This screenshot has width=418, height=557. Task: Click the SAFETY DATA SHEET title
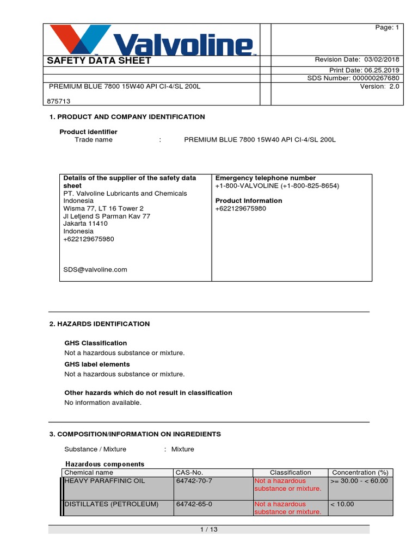click(99, 60)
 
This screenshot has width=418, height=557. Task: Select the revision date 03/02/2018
click(382, 60)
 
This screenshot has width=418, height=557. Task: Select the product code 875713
click(60, 101)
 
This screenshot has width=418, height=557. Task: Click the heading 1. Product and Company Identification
click(127, 117)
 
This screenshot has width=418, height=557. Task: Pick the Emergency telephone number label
click(266, 178)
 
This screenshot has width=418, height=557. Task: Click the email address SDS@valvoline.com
click(95, 269)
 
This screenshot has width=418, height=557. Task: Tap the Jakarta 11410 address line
click(85, 224)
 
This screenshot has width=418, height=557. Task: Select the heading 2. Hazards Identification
click(99, 324)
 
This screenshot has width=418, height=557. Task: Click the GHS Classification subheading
click(96, 343)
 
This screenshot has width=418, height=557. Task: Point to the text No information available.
click(103, 403)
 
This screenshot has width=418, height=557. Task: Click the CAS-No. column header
click(189, 473)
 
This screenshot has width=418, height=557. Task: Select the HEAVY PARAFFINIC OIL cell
click(105, 481)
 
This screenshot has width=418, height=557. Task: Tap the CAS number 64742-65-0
click(194, 504)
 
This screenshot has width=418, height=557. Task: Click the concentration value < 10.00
click(342, 504)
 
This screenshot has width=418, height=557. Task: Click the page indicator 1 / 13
click(209, 529)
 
